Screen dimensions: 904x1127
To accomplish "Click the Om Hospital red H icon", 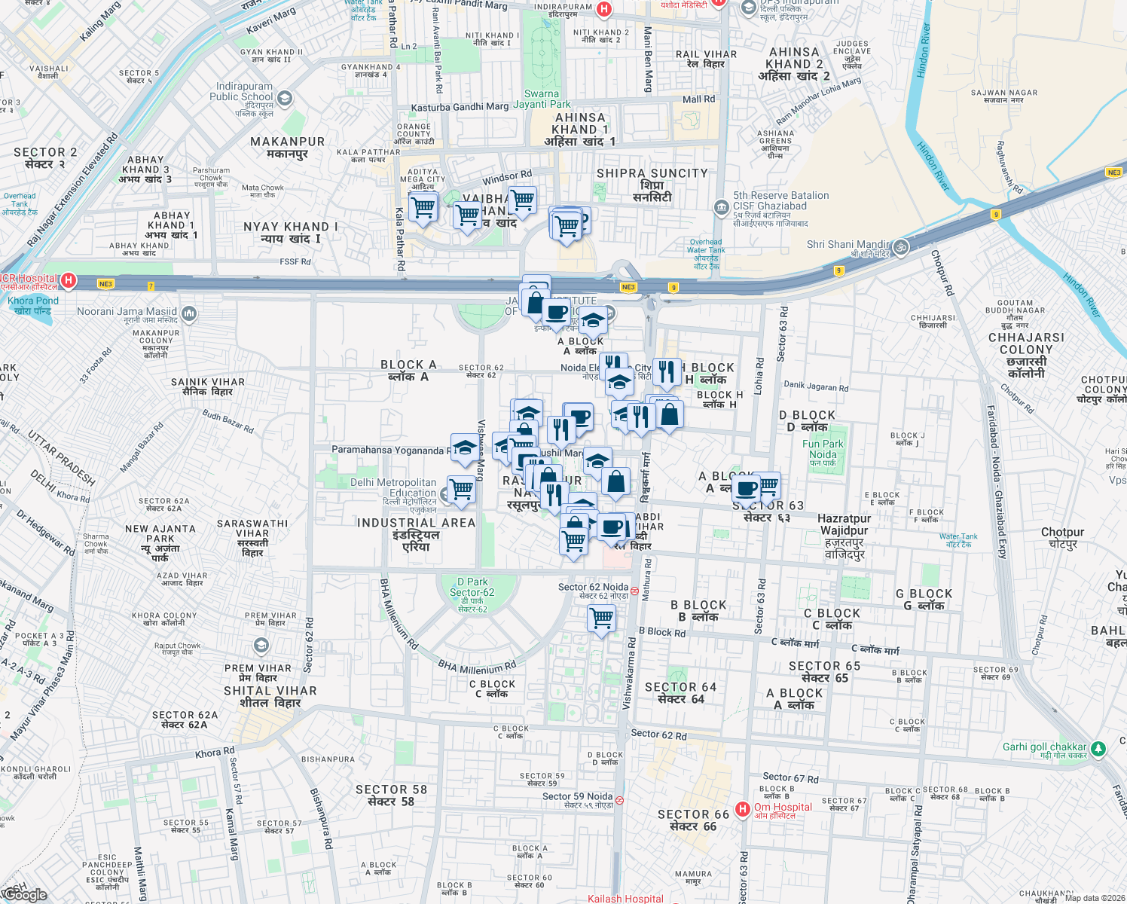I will point(743,809).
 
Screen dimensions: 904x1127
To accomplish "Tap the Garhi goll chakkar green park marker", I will point(1098,749).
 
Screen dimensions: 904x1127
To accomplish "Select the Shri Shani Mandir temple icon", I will point(901,246).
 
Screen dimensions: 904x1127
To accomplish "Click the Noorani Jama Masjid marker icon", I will point(188,313).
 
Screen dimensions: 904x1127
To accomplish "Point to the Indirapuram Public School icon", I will point(284,99).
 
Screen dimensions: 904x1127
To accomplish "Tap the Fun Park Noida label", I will point(823,454).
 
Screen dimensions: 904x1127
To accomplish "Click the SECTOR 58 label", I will point(391,795).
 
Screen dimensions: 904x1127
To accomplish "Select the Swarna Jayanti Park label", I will point(542,99).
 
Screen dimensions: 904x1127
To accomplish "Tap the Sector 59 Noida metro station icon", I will point(619,800).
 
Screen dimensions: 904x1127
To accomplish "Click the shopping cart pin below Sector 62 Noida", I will point(601,619).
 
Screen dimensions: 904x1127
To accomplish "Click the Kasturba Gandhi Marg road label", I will point(460,108).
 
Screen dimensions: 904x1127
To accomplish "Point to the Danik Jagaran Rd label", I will point(816,386).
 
